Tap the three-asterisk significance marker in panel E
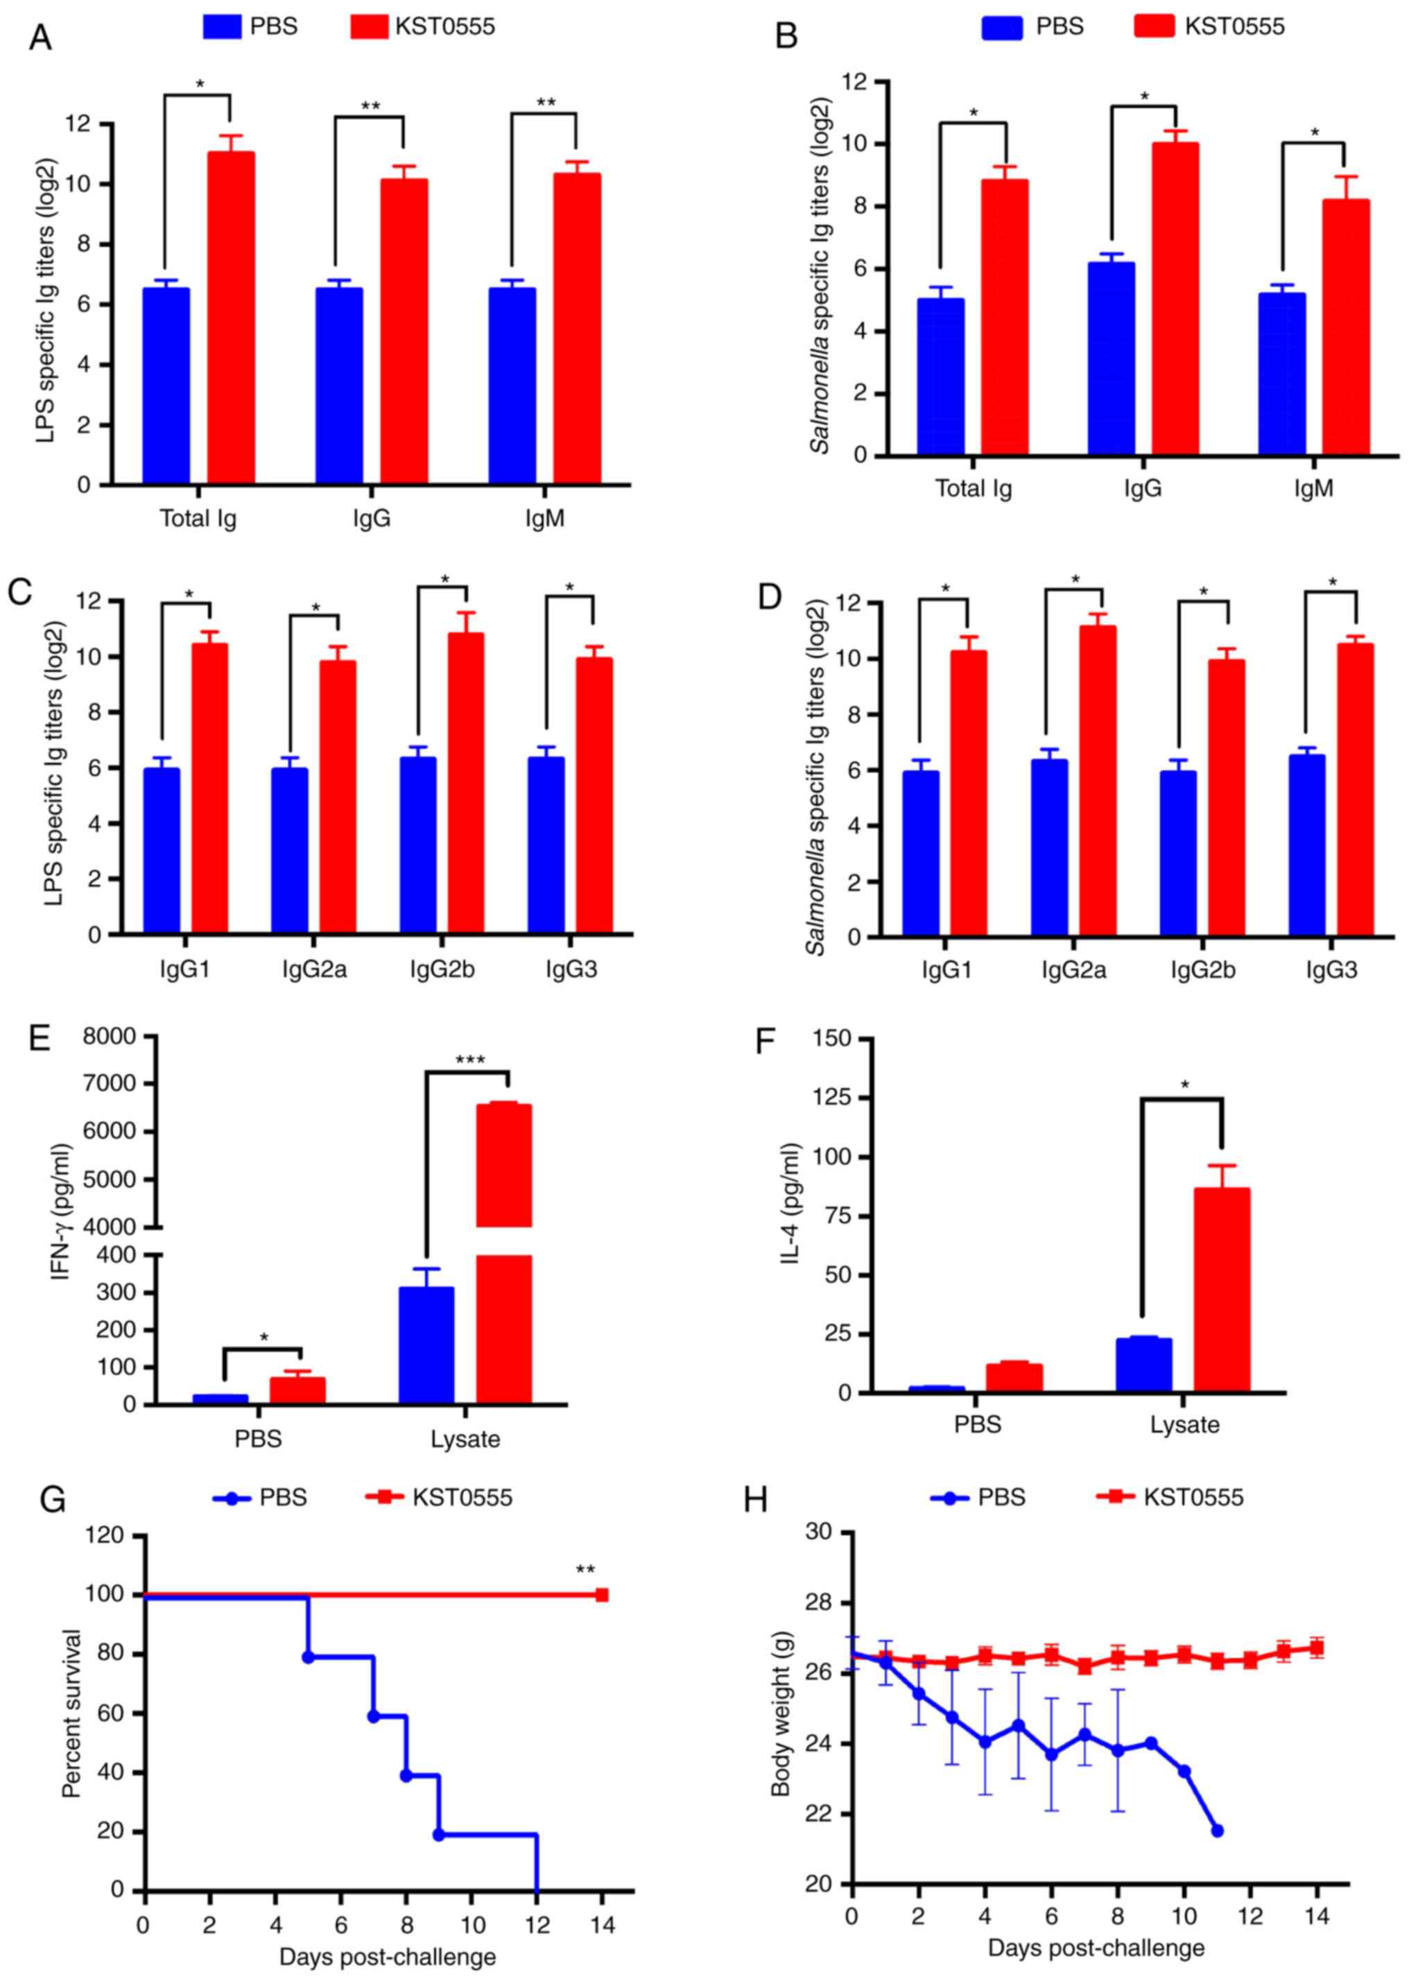469,1060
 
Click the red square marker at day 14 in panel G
601,1595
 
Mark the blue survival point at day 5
307,1657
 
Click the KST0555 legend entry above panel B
1209,27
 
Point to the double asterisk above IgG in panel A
370,107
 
